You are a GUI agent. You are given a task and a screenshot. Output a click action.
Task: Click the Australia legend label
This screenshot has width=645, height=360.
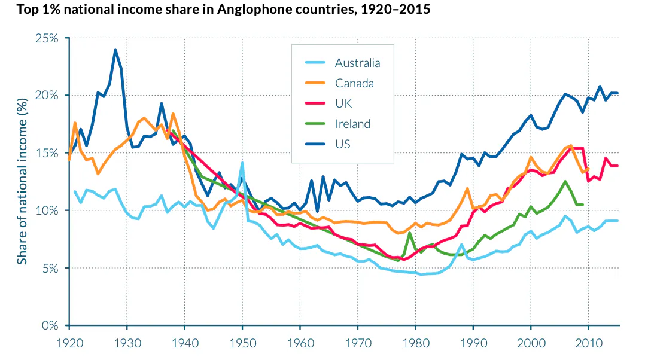coord(357,63)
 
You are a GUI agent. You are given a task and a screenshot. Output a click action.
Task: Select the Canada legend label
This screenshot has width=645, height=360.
coord(354,83)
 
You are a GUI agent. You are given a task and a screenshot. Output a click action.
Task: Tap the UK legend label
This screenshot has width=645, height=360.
coord(343,103)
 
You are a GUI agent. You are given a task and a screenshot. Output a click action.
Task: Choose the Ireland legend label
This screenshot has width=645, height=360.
coord(352,124)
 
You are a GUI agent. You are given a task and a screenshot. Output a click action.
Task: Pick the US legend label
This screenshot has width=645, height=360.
coord(343,144)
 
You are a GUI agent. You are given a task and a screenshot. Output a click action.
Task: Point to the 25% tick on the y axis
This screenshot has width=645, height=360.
coord(46,38)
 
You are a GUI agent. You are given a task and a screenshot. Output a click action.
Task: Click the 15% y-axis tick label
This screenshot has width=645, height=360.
coord(46,153)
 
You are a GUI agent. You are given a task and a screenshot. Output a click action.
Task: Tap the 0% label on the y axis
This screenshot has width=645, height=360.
coord(50,326)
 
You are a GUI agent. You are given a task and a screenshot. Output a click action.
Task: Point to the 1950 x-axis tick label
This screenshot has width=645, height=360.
coord(242,345)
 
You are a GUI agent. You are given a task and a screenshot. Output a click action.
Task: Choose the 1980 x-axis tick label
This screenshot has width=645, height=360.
coord(415,345)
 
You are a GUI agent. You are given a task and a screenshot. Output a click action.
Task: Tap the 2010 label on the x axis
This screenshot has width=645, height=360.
coord(588,345)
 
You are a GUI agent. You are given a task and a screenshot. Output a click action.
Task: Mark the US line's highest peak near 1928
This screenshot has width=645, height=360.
coord(115,50)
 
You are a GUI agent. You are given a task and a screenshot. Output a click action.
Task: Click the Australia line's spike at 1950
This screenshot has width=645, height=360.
coord(242,163)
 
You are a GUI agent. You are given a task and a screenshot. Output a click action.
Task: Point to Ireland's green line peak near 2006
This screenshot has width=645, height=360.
coord(565,181)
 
